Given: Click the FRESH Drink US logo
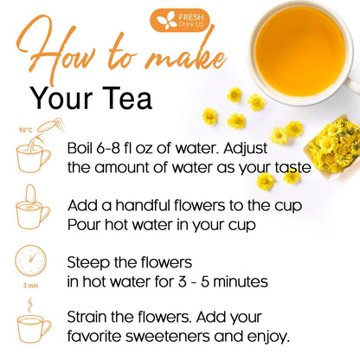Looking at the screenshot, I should point(180,18).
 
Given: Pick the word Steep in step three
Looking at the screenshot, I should point(89,261).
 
